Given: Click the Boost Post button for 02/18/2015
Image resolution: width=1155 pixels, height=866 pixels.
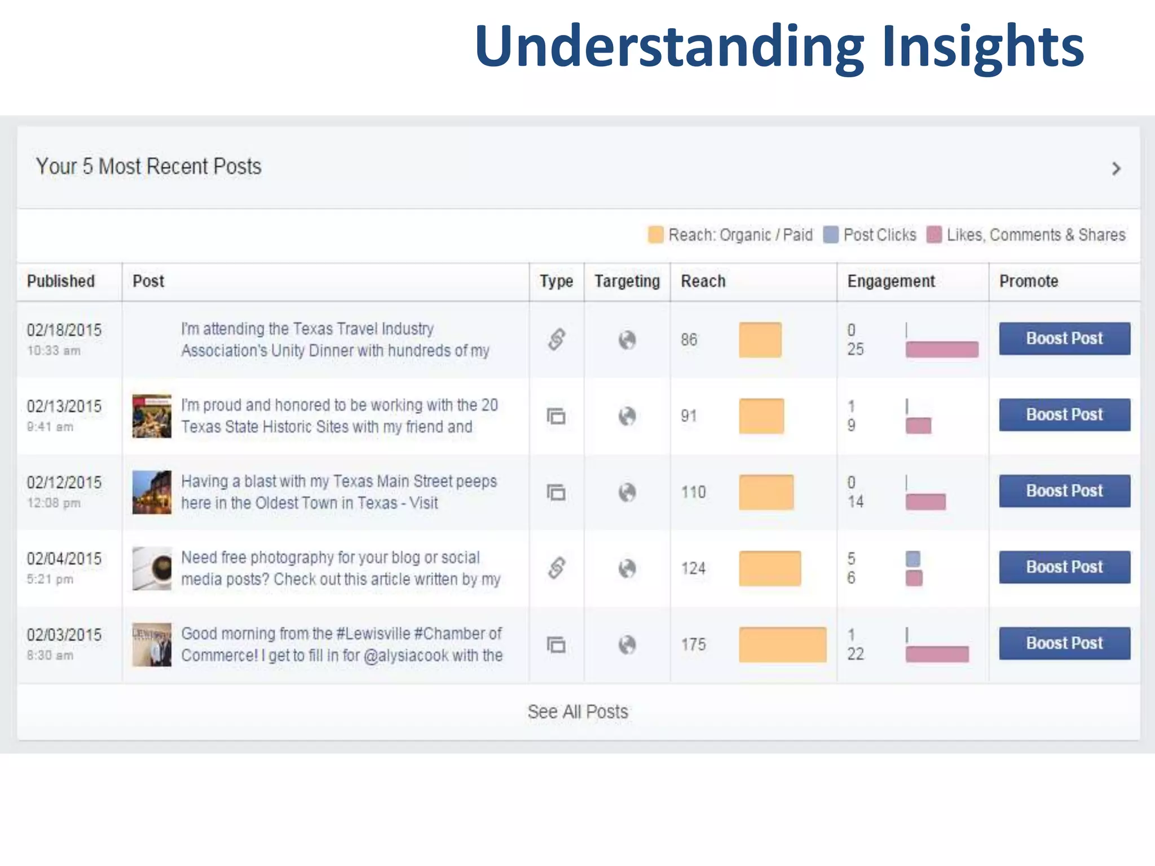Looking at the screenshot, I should point(1064,338).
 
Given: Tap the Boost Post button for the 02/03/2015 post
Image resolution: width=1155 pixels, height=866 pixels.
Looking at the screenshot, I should point(1064,643).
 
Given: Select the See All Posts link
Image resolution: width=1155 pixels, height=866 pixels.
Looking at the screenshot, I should point(577,712).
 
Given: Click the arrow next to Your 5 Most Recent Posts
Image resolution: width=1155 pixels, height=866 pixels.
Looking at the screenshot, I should point(1116,169).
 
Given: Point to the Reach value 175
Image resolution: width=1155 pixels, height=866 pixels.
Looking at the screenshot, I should point(693,644).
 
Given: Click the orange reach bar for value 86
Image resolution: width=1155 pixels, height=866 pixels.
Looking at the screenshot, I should point(760,340).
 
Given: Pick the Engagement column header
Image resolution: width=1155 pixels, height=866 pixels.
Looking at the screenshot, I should point(891,281).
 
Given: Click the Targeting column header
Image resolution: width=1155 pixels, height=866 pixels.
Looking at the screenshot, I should point(627,281).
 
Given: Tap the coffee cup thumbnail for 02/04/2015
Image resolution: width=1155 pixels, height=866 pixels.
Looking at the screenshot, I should point(152,568).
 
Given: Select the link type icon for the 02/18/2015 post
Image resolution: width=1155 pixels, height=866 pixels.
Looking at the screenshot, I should point(556,339).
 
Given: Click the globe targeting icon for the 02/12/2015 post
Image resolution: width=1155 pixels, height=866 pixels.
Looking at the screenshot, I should point(627,492).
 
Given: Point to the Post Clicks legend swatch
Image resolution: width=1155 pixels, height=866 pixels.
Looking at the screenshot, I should point(830,235).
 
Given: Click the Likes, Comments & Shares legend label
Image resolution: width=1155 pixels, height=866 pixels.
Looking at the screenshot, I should point(1035,235).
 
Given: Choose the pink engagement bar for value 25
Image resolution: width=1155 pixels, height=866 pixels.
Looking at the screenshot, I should point(941,350).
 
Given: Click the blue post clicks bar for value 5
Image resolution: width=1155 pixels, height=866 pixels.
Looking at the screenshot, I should point(912,559).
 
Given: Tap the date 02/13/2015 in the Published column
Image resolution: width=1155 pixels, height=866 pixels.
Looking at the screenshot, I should point(64,407).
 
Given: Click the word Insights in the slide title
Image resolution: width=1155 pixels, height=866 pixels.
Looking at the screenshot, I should point(982,46).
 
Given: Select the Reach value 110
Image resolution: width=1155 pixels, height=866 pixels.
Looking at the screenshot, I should point(693,492).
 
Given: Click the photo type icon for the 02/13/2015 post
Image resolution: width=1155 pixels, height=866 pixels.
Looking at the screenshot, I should point(556,416).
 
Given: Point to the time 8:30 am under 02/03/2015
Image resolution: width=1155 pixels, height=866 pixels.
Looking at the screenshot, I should point(50,655).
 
